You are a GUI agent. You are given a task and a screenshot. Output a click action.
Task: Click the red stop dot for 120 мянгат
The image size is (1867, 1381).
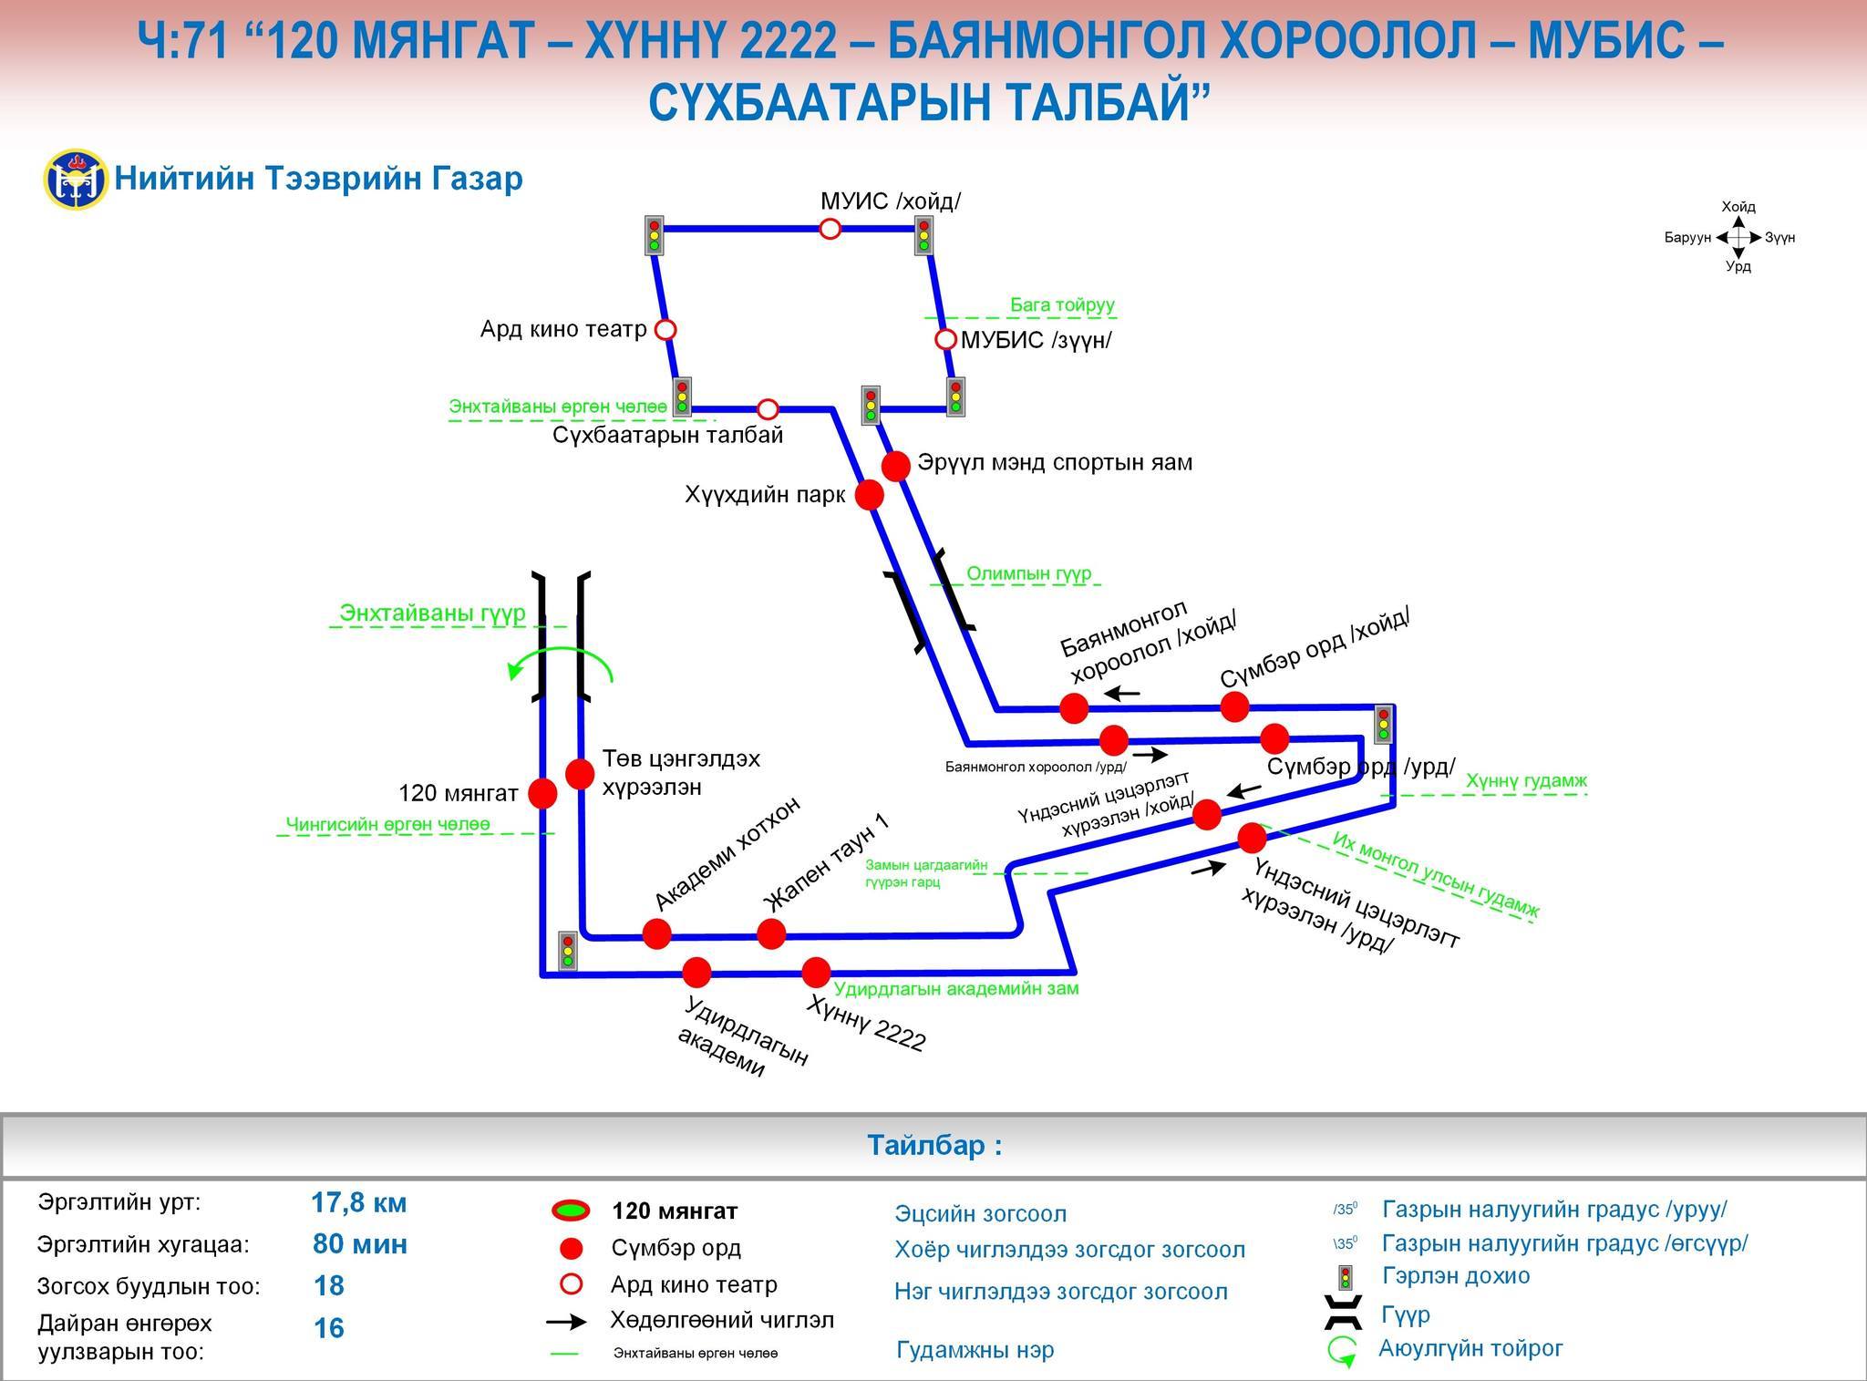(542, 793)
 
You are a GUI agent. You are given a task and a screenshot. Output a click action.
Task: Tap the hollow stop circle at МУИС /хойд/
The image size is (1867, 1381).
(830, 228)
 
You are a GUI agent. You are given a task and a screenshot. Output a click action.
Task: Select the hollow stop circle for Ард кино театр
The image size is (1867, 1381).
(666, 329)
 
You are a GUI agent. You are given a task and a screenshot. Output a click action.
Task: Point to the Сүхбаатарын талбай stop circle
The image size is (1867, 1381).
(768, 408)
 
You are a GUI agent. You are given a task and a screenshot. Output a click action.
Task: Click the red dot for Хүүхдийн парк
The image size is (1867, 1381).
(869, 495)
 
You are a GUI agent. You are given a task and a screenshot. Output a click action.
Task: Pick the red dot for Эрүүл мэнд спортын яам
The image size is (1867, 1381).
(896, 466)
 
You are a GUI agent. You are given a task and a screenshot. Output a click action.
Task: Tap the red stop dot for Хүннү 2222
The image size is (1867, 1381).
(816, 972)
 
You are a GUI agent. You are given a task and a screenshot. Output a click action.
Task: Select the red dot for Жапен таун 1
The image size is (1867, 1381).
(771, 933)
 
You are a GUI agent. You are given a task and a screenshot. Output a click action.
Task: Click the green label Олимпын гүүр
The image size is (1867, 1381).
(1028, 574)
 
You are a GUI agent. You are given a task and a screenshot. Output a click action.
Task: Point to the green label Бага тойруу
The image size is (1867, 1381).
(1062, 305)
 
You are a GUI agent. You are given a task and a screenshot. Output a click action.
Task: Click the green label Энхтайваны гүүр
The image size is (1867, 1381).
(432, 613)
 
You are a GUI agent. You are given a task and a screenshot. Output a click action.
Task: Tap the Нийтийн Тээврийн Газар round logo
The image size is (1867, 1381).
(76, 180)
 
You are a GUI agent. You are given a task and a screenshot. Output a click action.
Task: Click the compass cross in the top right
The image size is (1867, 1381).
(1738, 237)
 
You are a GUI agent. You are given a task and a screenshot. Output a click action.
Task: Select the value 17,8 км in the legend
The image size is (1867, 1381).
(359, 1203)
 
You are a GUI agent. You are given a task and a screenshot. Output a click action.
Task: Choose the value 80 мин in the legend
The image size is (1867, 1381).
(360, 1244)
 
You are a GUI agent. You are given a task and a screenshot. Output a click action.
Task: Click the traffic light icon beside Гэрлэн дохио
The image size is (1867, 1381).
(1345, 1277)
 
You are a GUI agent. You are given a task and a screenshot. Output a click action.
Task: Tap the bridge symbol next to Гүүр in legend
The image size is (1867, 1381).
(1345, 1314)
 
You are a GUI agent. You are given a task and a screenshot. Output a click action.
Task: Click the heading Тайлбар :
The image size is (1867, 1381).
(933, 1146)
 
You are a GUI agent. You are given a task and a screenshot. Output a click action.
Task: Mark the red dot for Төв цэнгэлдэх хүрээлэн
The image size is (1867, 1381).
(580, 774)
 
